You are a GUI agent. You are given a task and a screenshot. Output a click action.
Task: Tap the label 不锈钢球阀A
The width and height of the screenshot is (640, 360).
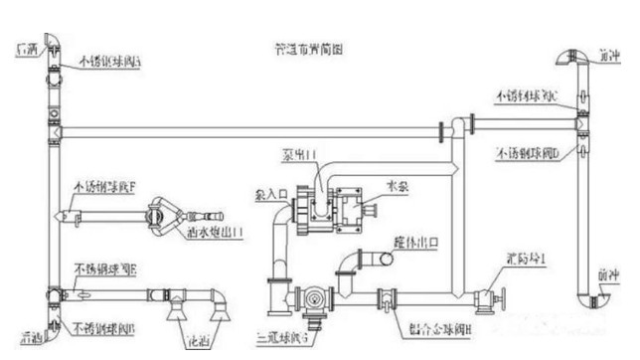[x=111, y=61]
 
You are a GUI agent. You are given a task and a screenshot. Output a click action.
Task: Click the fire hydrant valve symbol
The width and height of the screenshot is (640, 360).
[x=485, y=296]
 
